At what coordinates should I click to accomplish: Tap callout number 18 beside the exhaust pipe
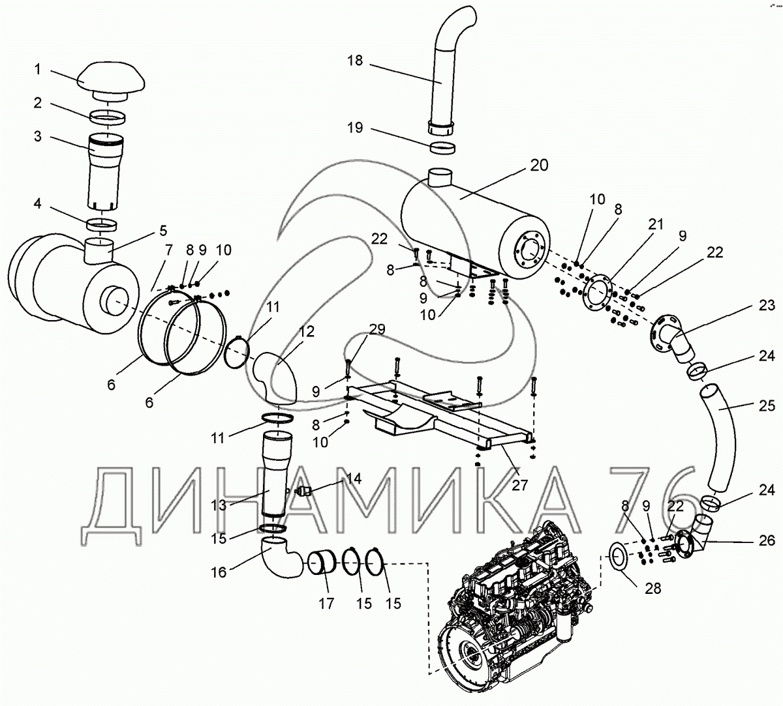[355, 61]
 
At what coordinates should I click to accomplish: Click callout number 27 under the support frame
[519, 485]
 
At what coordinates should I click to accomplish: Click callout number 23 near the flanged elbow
[766, 305]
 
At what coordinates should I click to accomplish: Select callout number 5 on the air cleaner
[163, 231]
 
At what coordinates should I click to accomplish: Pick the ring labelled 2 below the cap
[108, 117]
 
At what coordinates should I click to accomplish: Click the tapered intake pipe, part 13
[277, 474]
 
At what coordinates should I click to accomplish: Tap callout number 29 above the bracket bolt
[376, 330]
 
